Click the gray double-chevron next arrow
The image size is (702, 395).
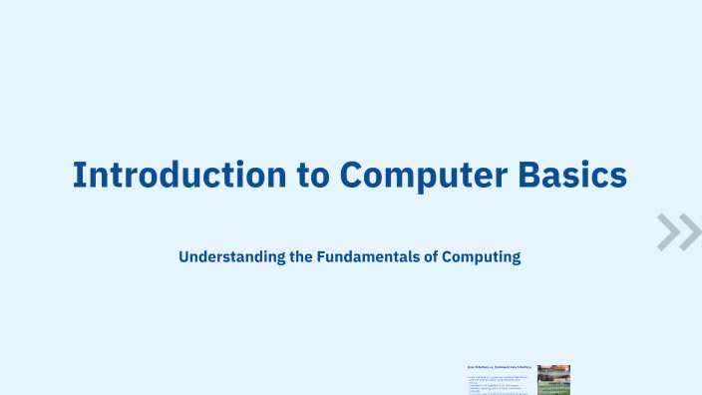679,231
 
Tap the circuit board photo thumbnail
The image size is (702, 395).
553,380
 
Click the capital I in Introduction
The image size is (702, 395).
80,174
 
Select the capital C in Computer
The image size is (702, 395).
354,174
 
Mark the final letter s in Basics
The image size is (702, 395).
618,177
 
